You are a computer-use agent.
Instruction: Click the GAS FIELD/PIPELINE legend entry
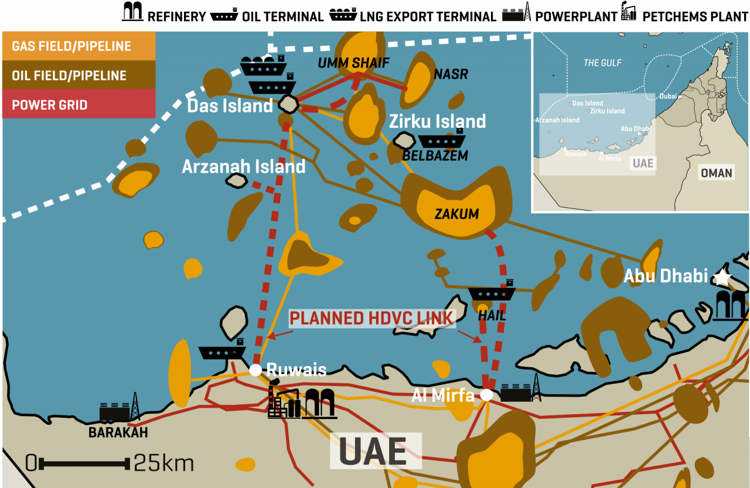[x=71, y=46]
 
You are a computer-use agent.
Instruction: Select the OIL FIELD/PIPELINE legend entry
[x=69, y=76]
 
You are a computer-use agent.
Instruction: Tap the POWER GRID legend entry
[x=50, y=105]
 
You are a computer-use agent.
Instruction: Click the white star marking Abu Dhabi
[x=722, y=277]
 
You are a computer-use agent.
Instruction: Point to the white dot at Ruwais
[x=255, y=370]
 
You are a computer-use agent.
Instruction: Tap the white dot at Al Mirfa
[x=486, y=395]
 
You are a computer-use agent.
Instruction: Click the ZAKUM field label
[x=456, y=214]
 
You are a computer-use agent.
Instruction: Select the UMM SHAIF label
[x=353, y=63]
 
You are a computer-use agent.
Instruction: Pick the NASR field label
[x=451, y=74]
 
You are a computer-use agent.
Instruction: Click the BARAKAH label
[x=118, y=433]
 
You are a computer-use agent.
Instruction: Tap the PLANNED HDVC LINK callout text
[x=373, y=319]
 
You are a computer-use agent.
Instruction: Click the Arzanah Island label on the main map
[x=244, y=166]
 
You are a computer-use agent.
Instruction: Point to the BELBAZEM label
[x=435, y=156]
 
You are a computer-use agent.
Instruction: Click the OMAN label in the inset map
[x=717, y=173]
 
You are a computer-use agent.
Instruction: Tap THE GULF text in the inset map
[x=602, y=63]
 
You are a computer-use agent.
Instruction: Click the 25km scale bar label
[x=163, y=463]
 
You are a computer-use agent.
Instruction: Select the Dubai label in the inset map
[x=668, y=96]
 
